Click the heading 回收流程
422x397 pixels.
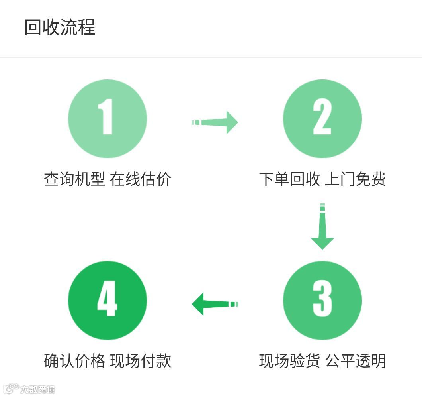(60, 28)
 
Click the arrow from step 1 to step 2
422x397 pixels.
(215, 122)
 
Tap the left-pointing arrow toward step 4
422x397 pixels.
(215, 304)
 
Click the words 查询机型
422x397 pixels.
(74, 179)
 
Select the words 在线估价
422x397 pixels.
(141, 179)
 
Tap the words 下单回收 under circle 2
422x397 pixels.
(289, 179)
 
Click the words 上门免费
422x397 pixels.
(356, 179)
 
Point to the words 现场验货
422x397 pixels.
(289, 361)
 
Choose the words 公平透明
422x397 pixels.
(356, 361)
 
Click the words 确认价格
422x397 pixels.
(74, 361)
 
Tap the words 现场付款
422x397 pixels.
(141, 361)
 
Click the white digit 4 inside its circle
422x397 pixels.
(107, 299)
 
